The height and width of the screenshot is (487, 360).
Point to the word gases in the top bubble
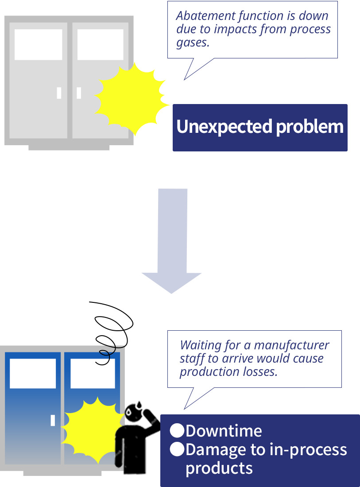[193, 43]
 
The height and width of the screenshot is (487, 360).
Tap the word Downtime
[224, 431]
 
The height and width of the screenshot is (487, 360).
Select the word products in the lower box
[219, 468]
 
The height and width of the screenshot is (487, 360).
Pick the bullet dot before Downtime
[177, 430]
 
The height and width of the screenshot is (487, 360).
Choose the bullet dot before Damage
[177, 449]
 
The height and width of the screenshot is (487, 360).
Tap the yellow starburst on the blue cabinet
[93, 431]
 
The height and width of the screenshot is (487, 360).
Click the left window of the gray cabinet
[38, 44]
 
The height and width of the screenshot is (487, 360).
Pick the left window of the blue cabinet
[33, 373]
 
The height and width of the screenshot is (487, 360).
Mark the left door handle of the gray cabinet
[59, 93]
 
